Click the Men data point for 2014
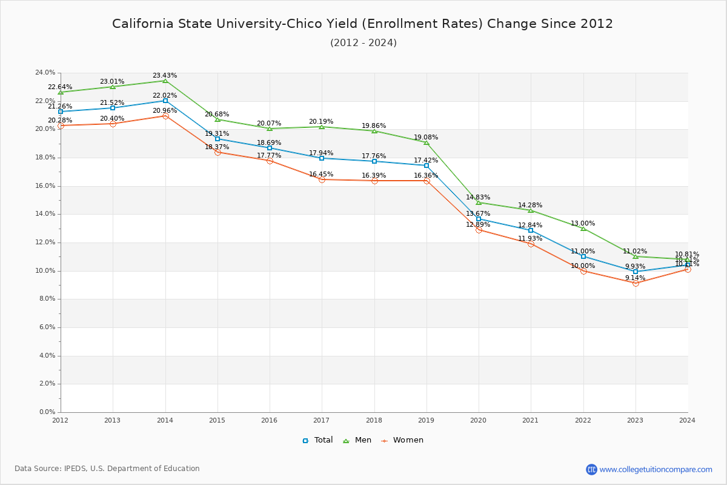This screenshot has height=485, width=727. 165,81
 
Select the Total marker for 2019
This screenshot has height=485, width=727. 427,166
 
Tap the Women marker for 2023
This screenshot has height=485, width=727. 636,283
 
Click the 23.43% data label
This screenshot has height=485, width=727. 165,76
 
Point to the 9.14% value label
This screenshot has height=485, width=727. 636,278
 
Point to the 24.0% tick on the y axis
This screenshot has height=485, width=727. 45,73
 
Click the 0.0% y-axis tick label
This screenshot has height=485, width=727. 47,412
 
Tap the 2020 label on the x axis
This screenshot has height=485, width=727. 479,420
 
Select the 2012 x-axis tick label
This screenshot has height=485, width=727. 61,420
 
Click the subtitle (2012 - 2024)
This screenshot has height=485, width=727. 363,43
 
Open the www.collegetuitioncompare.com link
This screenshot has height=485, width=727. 656,469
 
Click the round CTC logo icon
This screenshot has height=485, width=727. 591,469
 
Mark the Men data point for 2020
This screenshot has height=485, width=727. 479,202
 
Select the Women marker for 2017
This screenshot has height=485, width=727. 322,179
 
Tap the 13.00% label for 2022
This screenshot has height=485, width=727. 583,223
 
